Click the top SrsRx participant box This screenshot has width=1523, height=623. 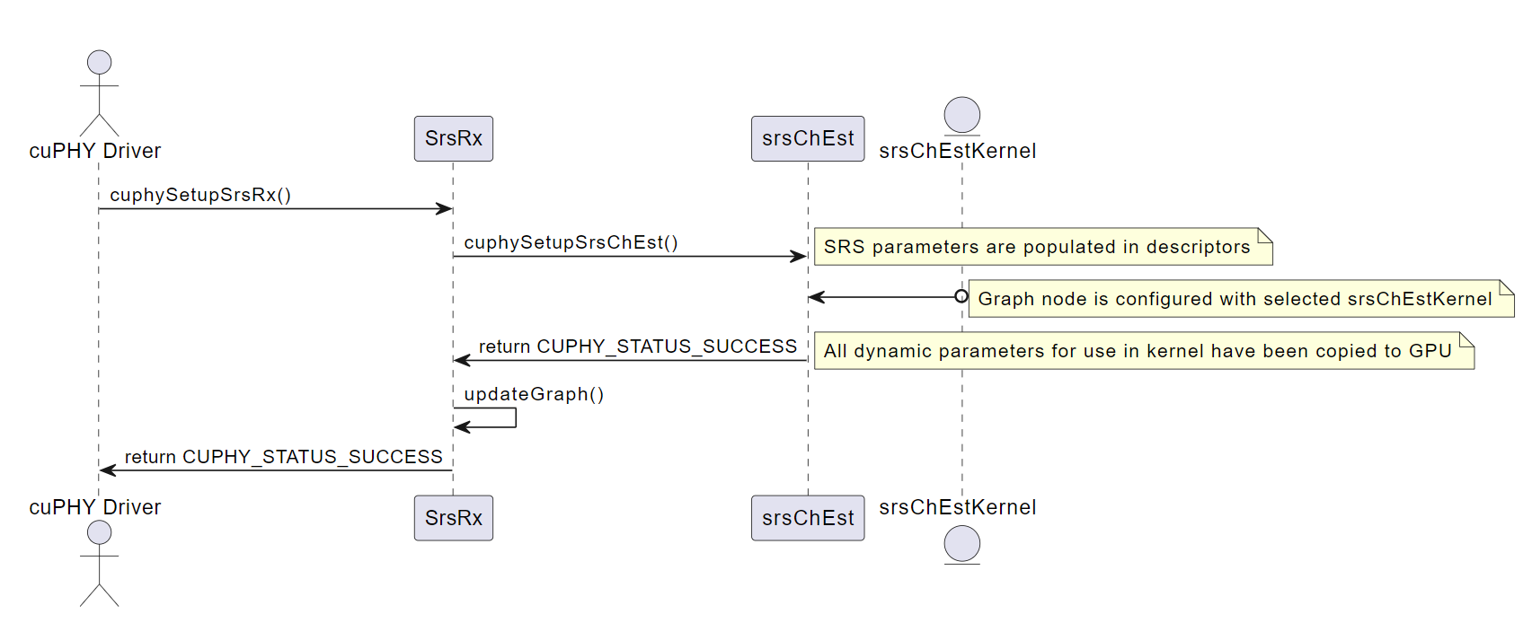click(x=453, y=138)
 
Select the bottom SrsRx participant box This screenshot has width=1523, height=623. click(x=453, y=518)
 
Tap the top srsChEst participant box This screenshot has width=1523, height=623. click(x=807, y=138)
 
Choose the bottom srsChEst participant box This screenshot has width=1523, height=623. click(x=807, y=518)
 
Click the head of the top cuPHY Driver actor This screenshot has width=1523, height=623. click(x=99, y=62)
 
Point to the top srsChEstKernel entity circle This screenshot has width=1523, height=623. click(x=961, y=116)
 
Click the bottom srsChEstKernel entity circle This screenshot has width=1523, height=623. click(x=961, y=544)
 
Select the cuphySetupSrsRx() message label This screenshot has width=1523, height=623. click(x=200, y=195)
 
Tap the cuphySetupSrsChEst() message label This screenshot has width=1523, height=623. click(x=571, y=242)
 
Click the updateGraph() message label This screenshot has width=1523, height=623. click(x=534, y=394)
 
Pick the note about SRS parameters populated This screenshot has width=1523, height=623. click(x=1042, y=247)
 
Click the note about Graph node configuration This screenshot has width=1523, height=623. click(x=1240, y=299)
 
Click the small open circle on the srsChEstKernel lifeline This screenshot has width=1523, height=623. click(x=961, y=296)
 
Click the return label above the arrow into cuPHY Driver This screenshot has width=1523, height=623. click(x=283, y=457)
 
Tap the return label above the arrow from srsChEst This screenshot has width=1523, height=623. click(x=637, y=347)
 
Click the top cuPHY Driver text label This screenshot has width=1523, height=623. click(x=95, y=151)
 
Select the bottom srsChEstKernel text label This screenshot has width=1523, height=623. click(x=957, y=507)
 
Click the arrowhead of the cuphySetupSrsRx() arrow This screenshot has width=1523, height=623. click(x=444, y=209)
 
